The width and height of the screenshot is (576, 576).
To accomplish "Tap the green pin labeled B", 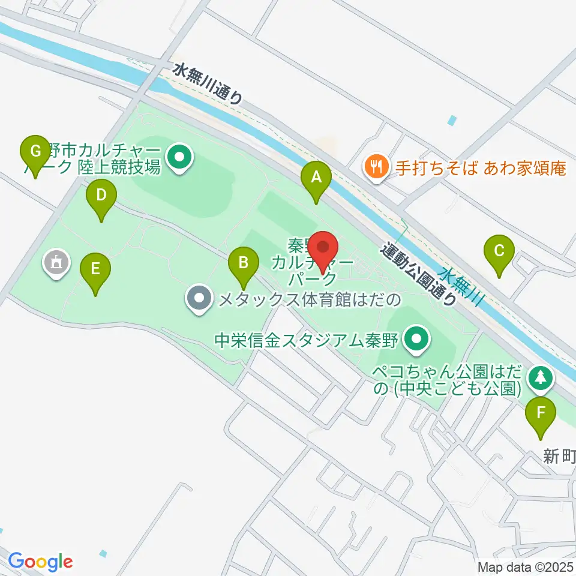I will click(243, 263).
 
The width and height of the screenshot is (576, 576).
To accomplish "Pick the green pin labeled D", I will click(101, 196).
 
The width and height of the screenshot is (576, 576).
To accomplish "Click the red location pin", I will click(324, 248).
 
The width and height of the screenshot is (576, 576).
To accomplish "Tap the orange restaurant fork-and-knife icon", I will click(376, 166).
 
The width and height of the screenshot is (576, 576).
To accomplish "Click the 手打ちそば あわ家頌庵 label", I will click(481, 167).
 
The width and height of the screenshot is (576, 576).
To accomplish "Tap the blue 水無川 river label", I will click(463, 287).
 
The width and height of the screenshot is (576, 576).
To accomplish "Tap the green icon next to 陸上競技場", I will click(179, 158).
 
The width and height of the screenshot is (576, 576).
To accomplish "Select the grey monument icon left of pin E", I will click(57, 263).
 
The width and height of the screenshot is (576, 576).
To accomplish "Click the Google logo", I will click(40, 561).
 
